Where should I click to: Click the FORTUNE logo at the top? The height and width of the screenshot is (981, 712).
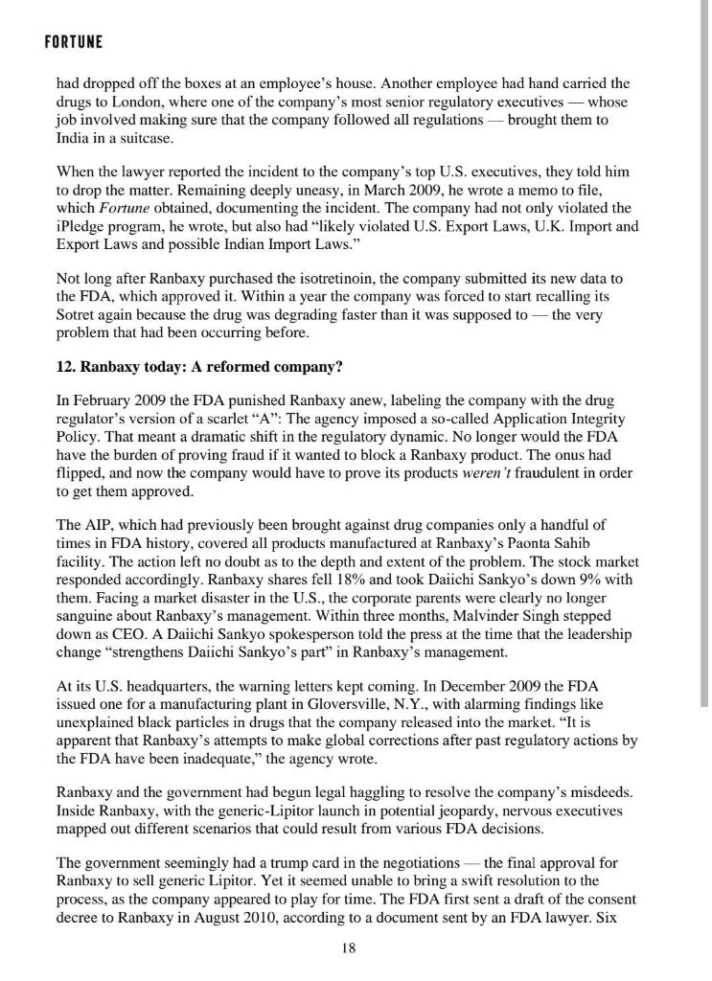click(74, 43)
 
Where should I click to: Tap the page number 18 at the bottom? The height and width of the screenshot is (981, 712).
click(349, 948)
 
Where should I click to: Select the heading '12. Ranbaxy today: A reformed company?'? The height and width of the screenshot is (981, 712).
click(199, 367)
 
